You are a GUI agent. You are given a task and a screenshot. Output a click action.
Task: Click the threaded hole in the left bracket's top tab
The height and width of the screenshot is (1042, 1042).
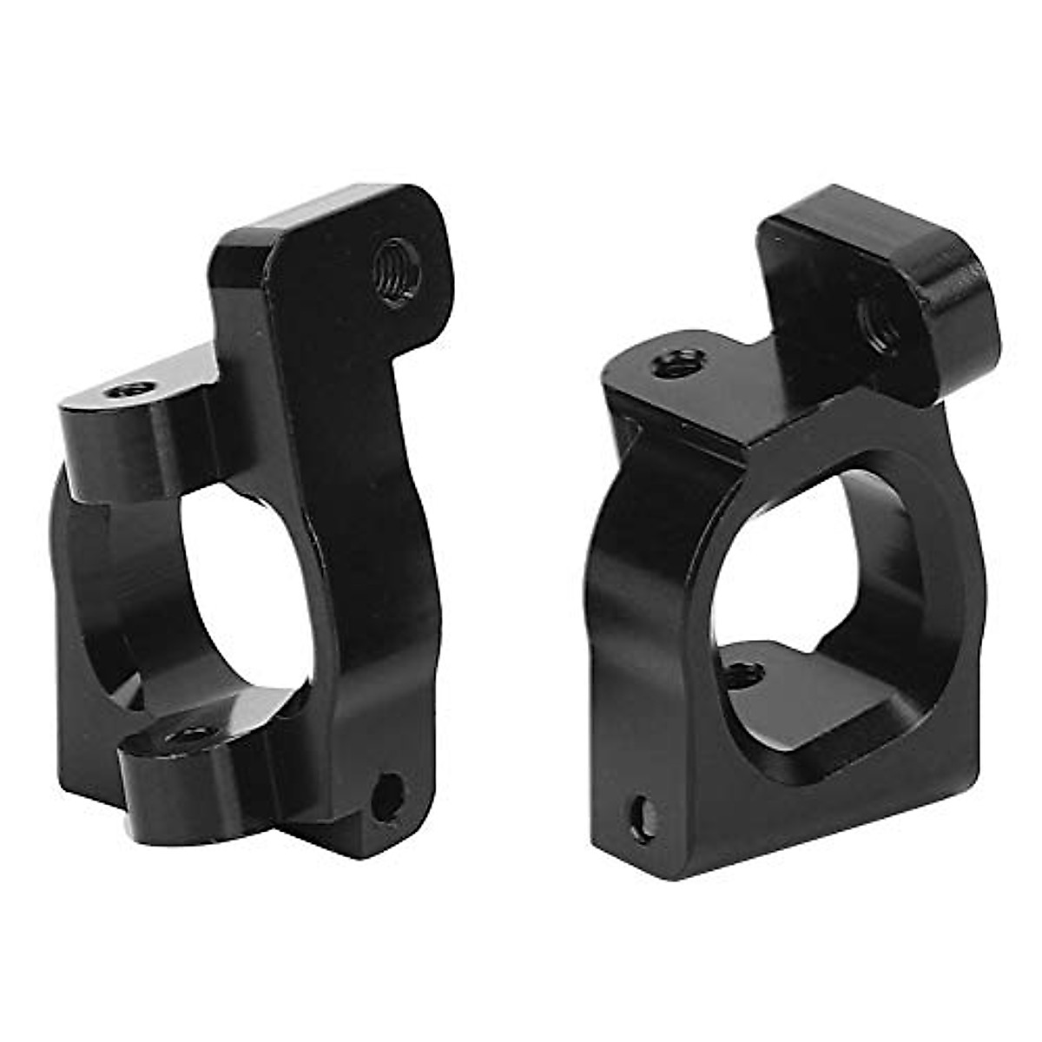coord(398,272)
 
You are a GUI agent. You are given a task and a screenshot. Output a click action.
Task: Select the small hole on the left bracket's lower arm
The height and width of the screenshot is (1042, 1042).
coord(186,735)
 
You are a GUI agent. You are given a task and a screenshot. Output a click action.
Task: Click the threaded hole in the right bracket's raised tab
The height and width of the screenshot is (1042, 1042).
coord(879,324)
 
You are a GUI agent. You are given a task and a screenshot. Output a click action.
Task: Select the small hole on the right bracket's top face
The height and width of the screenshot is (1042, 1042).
coord(678,363)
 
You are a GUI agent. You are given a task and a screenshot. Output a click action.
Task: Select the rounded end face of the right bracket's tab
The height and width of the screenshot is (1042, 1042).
coord(955,304)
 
